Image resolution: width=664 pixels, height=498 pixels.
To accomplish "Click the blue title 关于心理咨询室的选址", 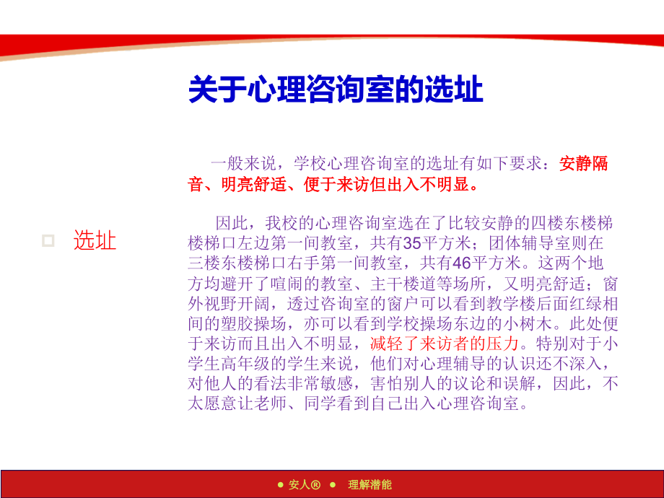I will click(336, 91).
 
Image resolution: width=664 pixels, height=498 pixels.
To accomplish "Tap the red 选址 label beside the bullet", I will click(95, 240).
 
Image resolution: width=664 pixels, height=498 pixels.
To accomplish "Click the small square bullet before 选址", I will click(48, 240).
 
